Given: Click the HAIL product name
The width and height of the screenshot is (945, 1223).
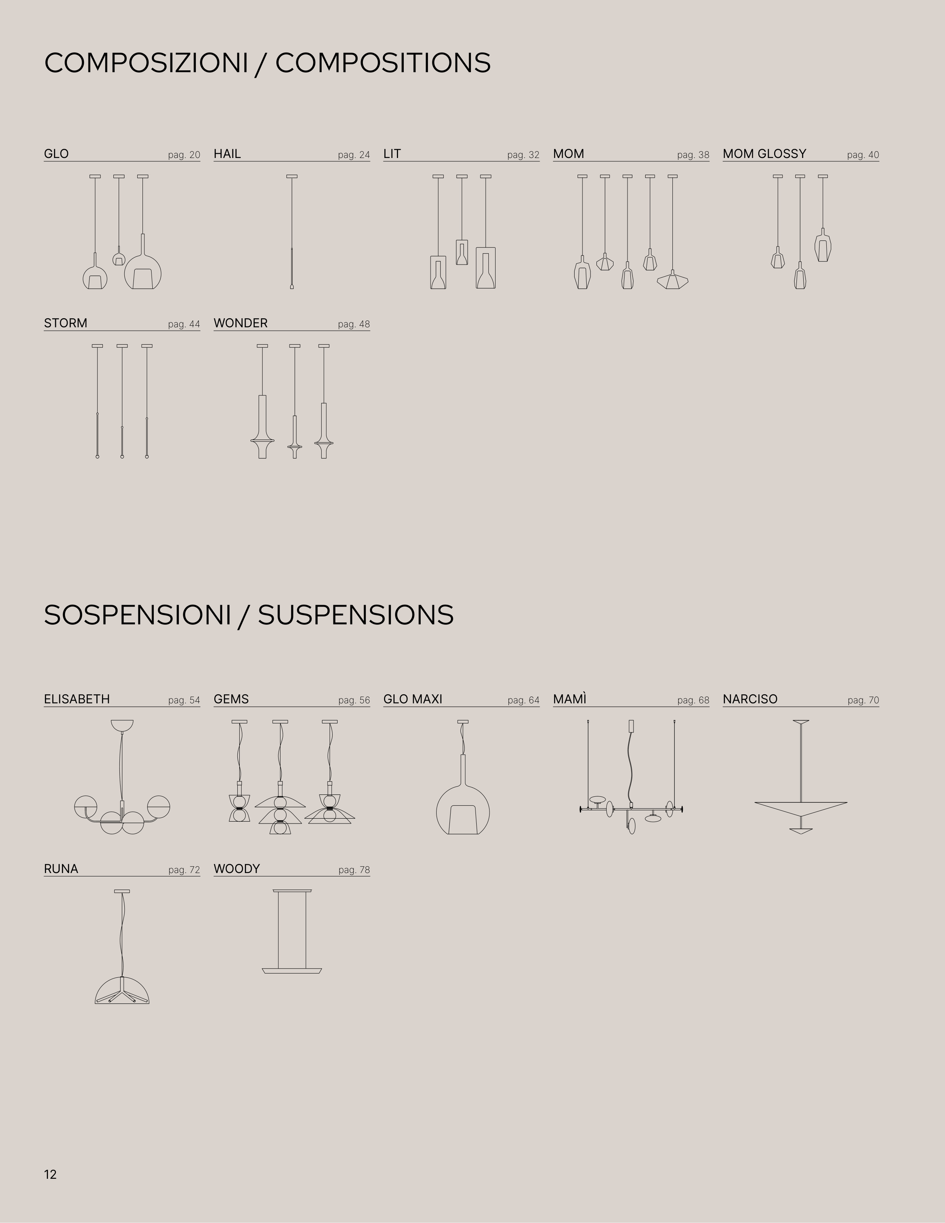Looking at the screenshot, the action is (x=227, y=153).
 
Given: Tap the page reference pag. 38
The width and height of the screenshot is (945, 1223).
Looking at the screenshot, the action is (x=693, y=155).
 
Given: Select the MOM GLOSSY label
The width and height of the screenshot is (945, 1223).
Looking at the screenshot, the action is (x=764, y=153).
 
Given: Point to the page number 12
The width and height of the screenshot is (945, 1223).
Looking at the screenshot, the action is (x=50, y=1174).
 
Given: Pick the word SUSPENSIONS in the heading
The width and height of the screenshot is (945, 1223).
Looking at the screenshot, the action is (x=356, y=615).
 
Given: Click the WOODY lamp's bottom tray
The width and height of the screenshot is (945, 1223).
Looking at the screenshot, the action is (x=292, y=971).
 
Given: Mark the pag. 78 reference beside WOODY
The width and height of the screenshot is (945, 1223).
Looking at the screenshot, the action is (x=354, y=870).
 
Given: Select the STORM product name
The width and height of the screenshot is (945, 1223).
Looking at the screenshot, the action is (x=65, y=323).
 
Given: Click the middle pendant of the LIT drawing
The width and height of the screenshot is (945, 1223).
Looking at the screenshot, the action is (x=462, y=252).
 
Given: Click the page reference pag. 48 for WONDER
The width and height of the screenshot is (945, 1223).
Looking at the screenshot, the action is (x=354, y=324).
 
